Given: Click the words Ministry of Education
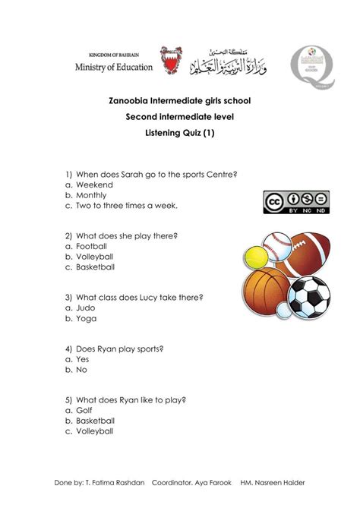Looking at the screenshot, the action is pyautogui.click(x=113, y=67).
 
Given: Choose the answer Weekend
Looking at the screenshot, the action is pyautogui.click(x=93, y=185).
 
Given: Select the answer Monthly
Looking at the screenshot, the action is pyautogui.click(x=93, y=195).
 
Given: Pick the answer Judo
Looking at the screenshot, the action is pyautogui.click(x=85, y=308).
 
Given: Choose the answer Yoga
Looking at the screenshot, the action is pyautogui.click(x=85, y=319).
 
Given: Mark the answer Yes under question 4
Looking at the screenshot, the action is pyautogui.click(x=83, y=359).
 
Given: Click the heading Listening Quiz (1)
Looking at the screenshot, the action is pyautogui.click(x=179, y=132).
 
